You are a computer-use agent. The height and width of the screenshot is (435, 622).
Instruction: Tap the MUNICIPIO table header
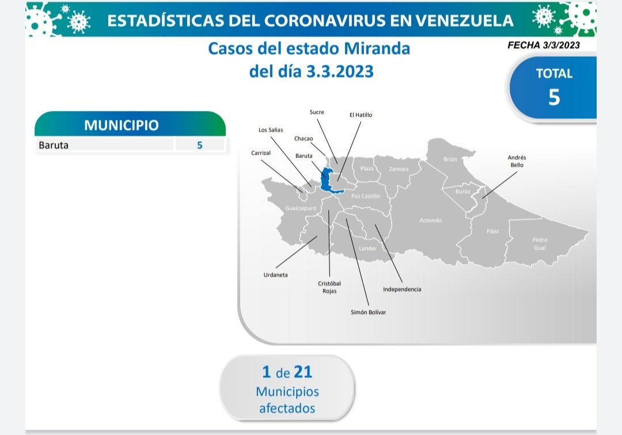coord(122,125)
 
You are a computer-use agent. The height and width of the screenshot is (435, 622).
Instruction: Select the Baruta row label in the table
coord(54,145)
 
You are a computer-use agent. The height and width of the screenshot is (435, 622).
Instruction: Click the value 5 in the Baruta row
coord(199,145)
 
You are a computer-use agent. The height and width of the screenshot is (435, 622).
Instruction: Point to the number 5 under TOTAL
coord(554,97)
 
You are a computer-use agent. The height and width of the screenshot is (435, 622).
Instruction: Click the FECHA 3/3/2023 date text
coord(544,45)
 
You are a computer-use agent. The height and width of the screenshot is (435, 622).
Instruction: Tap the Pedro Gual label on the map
coord(540,243)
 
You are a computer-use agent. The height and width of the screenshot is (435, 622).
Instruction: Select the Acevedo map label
coord(430,220)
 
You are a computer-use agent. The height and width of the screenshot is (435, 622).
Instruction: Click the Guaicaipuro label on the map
coord(301,208)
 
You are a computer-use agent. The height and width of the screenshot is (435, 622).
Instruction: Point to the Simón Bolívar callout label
coord(368,312)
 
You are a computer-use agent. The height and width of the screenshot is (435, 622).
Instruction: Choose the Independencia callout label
coord(402,289)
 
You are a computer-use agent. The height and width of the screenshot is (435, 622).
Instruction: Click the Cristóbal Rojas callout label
coord(329,287)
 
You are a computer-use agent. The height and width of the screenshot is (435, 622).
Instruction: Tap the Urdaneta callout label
coord(275,274)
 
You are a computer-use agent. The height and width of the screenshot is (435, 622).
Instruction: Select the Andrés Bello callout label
coord(517,161)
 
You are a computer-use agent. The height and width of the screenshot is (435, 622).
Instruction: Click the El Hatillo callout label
coord(361,115)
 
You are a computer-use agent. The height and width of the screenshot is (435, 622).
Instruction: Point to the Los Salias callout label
coord(271,129)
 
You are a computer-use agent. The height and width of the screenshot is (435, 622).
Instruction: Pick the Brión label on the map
coord(450,159)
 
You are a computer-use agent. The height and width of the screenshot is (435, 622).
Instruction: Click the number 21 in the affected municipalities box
coord(303,372)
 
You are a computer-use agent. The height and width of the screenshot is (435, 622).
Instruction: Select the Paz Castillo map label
coord(366,196)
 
